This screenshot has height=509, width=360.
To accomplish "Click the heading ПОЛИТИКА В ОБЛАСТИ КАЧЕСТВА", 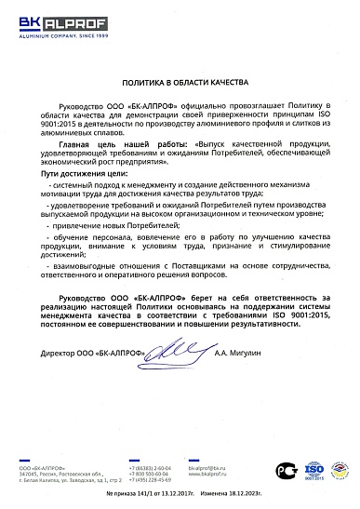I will tap(180, 83).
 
